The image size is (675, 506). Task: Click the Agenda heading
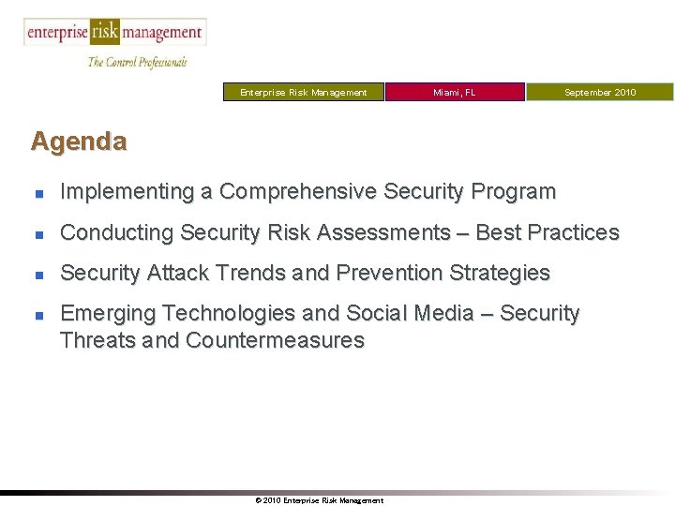79,141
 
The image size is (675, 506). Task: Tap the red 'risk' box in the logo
104,33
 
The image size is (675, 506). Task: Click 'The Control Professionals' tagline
138,62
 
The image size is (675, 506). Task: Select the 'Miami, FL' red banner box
455,92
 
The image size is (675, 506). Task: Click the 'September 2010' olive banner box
599,92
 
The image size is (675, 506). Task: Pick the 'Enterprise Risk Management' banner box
303,92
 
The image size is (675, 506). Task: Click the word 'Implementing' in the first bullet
127,192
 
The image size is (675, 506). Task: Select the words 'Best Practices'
548,232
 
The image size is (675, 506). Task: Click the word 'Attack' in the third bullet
174,274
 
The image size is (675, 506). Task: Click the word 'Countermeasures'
275,340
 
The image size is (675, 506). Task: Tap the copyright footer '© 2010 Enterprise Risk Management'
319,500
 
